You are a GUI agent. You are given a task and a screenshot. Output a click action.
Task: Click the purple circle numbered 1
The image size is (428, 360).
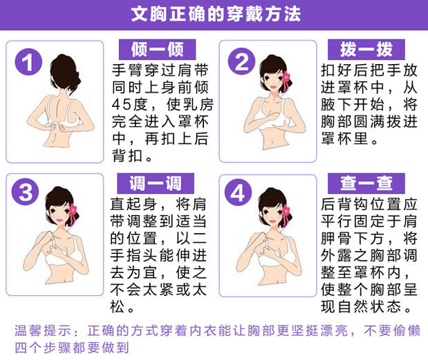29,61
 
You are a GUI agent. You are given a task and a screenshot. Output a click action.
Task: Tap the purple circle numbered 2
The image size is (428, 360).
242,61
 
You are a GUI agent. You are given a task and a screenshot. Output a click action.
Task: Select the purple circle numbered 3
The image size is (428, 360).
25,192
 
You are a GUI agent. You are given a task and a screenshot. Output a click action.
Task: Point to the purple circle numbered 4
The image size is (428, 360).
238,192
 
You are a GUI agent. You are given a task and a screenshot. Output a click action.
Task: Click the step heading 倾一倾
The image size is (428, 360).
157,49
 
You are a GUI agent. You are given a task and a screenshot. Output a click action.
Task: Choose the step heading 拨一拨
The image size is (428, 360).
367,49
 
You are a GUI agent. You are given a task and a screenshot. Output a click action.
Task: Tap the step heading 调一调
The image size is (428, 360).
156,183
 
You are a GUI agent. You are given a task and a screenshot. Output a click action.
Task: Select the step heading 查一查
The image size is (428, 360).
367,183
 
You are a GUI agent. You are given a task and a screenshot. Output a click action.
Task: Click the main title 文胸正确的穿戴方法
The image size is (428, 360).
215,14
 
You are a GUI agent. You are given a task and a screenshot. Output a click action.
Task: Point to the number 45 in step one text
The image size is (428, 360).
120,105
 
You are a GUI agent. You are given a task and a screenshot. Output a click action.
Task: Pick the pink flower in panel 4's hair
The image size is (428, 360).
286,212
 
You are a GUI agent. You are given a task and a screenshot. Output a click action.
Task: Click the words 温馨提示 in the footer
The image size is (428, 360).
44,331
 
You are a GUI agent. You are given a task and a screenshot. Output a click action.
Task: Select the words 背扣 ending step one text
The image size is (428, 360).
128,155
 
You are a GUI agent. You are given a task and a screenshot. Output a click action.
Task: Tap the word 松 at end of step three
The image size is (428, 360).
118,307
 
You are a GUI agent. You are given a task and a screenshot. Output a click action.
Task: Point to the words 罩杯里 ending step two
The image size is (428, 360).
345,138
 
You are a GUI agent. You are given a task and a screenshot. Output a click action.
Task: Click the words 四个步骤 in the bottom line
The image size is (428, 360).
43,348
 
